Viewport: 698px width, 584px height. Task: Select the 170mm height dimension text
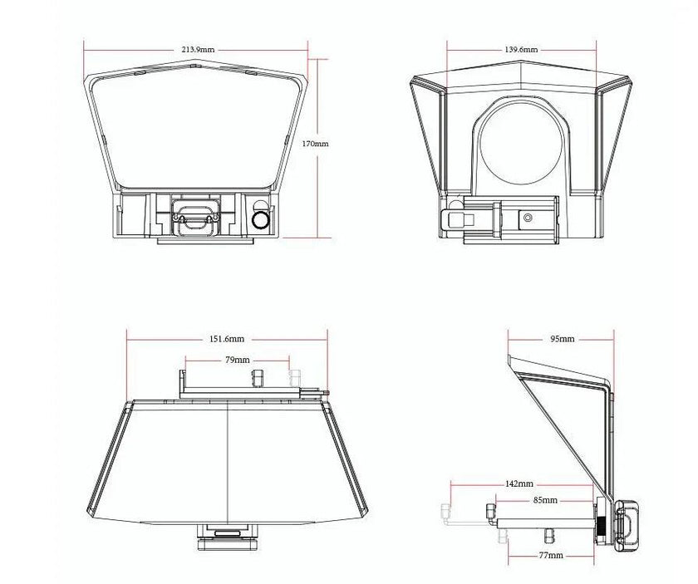tap(315, 144)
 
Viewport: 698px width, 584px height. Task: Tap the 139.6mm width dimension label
tap(521, 49)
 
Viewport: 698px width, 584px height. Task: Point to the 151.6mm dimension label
tap(227, 339)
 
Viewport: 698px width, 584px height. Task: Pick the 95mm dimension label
tap(563, 339)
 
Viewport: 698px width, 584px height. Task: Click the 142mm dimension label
tap(519, 483)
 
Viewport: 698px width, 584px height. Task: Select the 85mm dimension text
tap(545, 500)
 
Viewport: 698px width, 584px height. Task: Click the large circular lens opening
tap(521, 142)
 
